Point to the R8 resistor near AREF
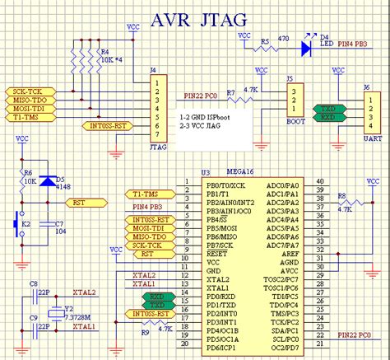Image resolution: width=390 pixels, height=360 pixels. pos(350,202)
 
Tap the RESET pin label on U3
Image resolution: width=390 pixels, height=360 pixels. pos(195,254)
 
